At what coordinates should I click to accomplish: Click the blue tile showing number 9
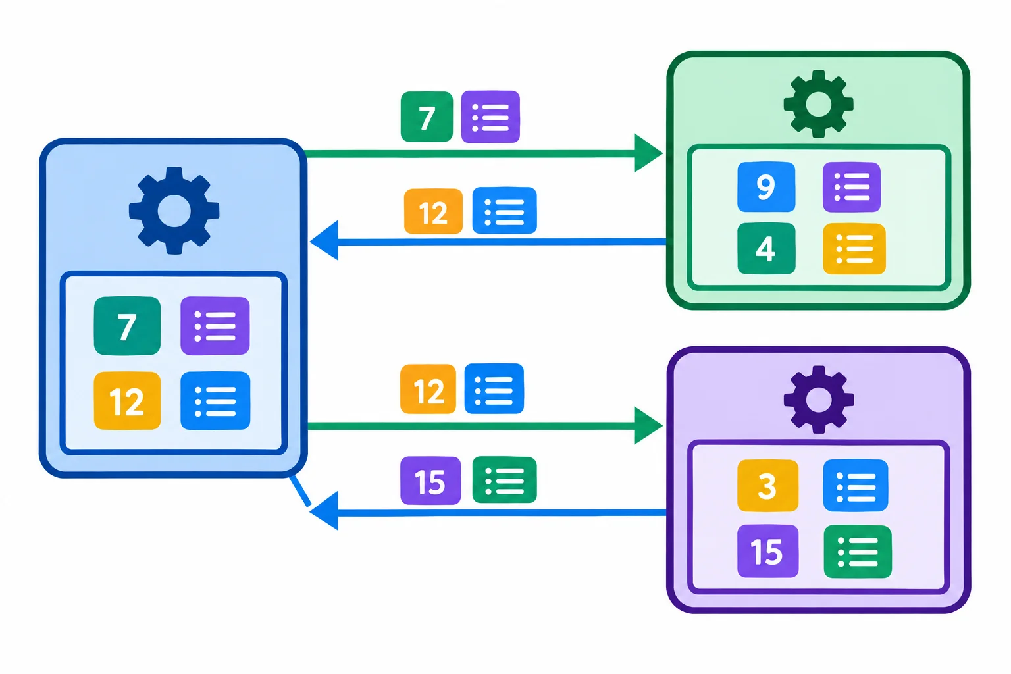(x=766, y=186)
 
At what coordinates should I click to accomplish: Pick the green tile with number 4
(x=766, y=248)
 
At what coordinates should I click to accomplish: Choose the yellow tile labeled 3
(x=767, y=485)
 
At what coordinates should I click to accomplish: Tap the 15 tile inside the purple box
(x=767, y=551)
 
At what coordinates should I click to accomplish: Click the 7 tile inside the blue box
(x=127, y=326)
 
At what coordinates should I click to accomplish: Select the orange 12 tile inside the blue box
(x=127, y=400)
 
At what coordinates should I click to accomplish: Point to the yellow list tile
(x=854, y=249)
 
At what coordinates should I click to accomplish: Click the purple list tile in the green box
(x=851, y=187)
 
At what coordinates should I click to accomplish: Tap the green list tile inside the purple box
(x=858, y=551)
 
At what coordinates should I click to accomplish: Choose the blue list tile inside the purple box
(x=855, y=485)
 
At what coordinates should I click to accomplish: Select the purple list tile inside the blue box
(x=215, y=326)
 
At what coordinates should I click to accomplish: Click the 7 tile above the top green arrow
(x=427, y=117)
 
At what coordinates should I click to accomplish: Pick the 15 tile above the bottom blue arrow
(x=430, y=480)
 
